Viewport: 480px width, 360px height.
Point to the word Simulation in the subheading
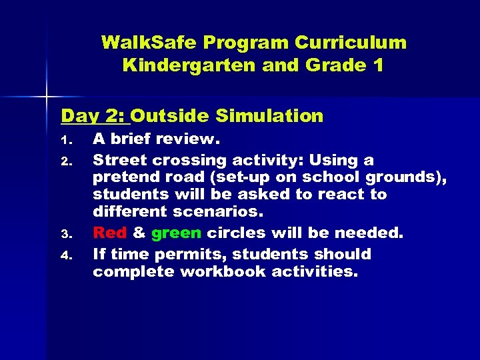click(x=269, y=117)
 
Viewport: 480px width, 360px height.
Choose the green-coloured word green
click(x=176, y=233)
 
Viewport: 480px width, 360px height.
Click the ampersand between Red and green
click(x=139, y=233)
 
